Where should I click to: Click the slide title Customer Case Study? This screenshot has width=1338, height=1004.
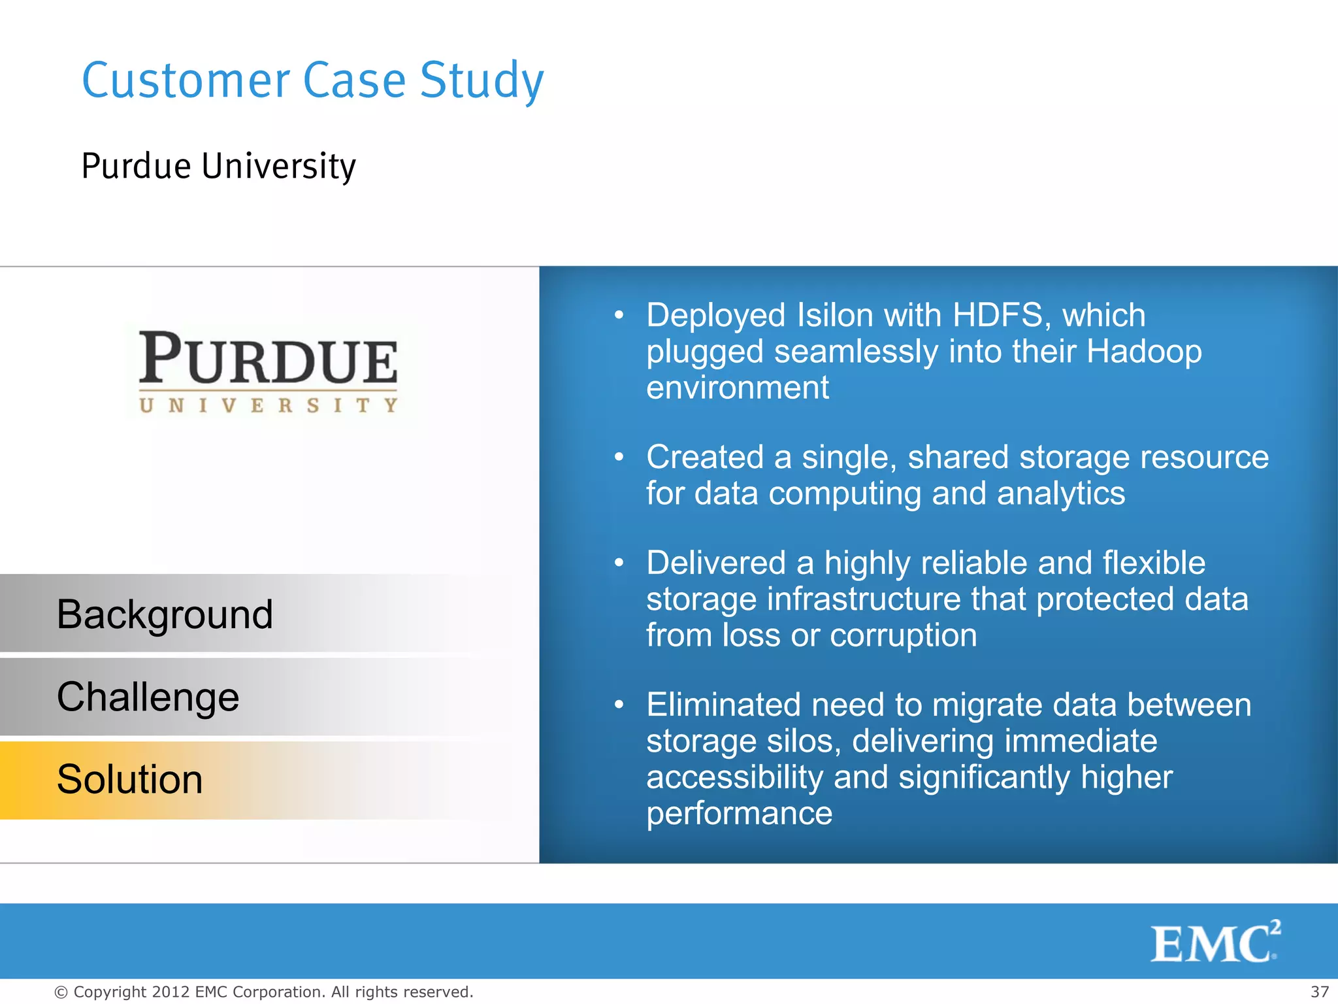[x=312, y=80]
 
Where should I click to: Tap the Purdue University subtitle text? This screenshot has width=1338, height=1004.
[x=218, y=166]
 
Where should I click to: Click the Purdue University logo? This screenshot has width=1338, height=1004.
[x=268, y=371]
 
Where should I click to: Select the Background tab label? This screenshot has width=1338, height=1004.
[x=165, y=614]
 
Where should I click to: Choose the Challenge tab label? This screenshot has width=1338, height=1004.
[x=148, y=697]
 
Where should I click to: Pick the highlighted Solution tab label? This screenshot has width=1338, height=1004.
[x=129, y=779]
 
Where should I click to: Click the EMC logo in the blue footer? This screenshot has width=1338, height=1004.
[x=1215, y=942]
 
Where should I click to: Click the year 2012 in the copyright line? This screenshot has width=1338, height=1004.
[x=171, y=992]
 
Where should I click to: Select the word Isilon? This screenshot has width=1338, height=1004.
[x=835, y=315]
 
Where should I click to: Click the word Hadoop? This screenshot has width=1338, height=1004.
[x=1144, y=352]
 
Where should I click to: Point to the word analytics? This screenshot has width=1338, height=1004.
[x=1061, y=494]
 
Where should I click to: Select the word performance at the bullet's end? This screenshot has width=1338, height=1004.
[x=739, y=814]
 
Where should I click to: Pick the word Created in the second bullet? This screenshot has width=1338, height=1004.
[x=704, y=457]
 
